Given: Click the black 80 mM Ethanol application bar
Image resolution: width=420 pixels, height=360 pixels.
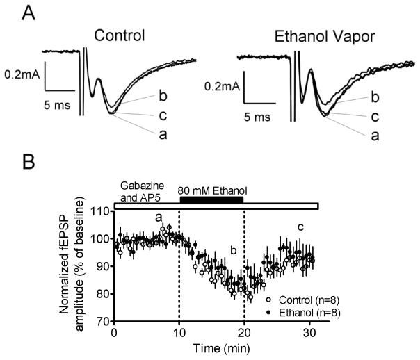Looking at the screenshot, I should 211,199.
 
